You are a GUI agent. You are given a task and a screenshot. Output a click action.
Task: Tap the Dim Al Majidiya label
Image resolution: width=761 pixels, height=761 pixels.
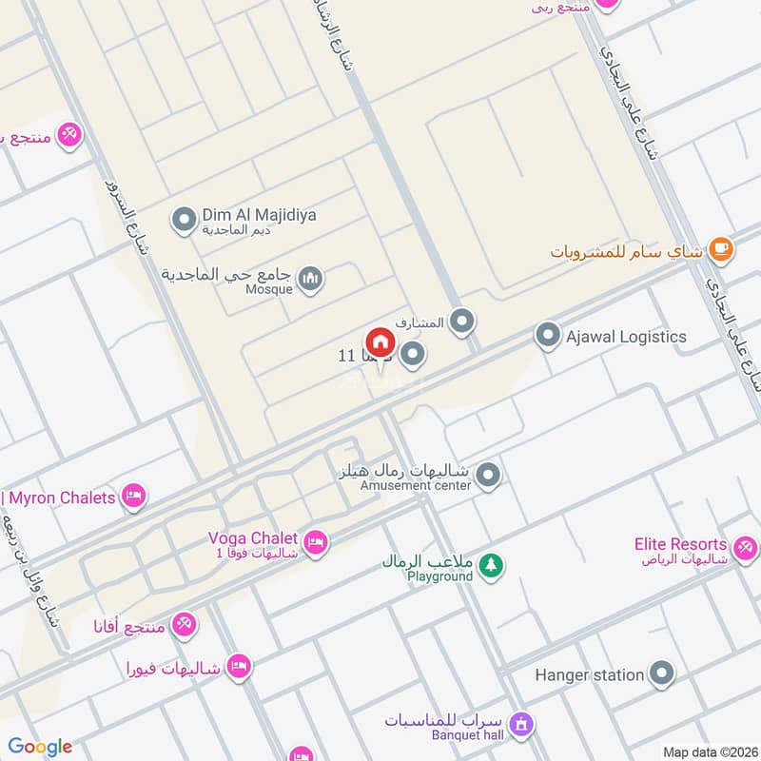[259, 215]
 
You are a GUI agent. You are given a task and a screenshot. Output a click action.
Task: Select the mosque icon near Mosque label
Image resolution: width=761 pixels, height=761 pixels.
[310, 279]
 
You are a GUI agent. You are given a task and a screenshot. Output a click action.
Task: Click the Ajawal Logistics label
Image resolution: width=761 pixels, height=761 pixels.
[626, 337]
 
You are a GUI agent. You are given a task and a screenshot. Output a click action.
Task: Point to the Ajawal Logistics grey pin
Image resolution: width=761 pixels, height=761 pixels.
[547, 336]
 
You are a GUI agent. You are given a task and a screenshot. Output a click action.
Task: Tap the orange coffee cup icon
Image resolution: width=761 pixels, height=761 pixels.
[722, 250]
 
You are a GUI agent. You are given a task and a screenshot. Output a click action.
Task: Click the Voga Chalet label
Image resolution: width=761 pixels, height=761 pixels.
[253, 537]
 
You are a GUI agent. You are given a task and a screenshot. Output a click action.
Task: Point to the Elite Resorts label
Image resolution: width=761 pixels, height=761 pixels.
[680, 544]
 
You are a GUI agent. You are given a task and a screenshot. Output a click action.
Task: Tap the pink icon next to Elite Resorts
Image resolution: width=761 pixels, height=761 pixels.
[744, 547]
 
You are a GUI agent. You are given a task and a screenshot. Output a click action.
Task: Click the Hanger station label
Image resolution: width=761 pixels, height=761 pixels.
[589, 674]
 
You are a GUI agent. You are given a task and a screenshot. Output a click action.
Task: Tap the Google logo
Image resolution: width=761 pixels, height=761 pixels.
[40, 747]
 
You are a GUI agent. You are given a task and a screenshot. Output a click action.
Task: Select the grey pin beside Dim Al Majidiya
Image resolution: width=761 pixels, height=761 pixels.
[183, 222]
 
